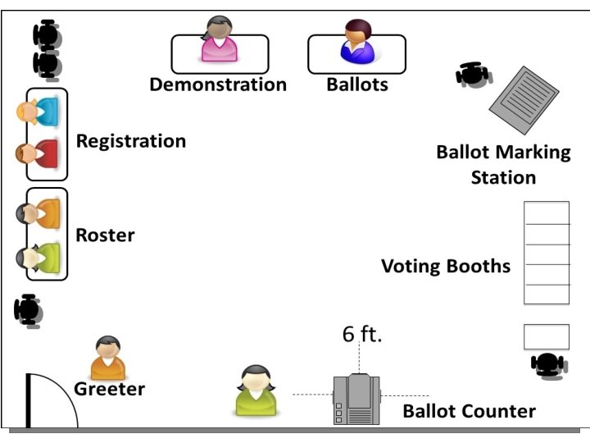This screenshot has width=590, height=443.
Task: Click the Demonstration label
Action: [x=218, y=84]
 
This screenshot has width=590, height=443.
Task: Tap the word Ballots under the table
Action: [x=357, y=84]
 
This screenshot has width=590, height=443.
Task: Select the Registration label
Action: [x=131, y=141]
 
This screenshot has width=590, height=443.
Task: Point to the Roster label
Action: [x=105, y=235]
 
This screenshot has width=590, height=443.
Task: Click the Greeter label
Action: [x=110, y=389]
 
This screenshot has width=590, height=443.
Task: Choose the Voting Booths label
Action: [x=446, y=267]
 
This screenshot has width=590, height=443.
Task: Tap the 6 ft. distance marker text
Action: [x=362, y=335]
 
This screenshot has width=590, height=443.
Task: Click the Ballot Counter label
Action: [x=469, y=411]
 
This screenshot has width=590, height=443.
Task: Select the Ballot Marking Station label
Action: [x=503, y=164]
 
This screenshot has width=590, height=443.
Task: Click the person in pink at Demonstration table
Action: [x=220, y=41]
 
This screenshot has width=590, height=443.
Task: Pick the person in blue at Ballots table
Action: [x=357, y=43]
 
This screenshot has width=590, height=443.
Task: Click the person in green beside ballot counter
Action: [x=256, y=390]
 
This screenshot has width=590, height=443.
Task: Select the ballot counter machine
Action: [x=356, y=400]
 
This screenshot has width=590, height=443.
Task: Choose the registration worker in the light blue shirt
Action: [x=38, y=111]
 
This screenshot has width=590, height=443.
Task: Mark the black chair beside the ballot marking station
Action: [x=473, y=75]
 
